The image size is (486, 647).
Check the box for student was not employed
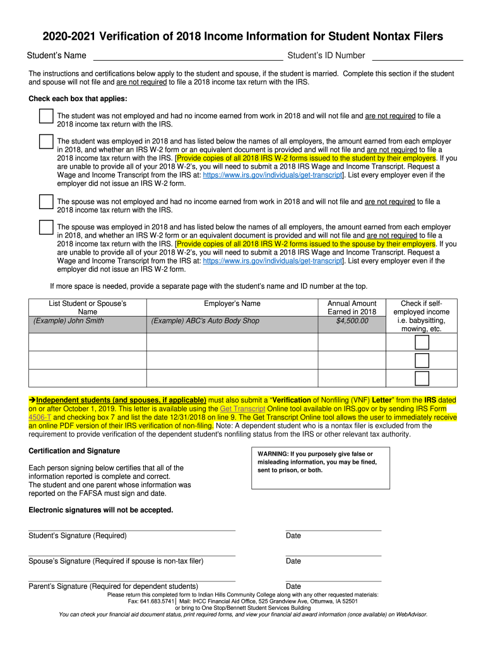(46, 116)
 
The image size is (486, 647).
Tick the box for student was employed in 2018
(46, 141)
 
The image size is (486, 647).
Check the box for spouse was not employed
(46, 202)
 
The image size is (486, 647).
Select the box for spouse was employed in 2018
(46, 227)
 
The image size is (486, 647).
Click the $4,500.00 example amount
(352, 321)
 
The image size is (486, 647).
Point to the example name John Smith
(69, 321)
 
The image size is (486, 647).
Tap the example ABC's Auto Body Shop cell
(205, 321)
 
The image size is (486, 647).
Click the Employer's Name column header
(232, 304)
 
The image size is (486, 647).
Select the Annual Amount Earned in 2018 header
(352, 308)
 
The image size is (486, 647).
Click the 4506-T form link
(40, 418)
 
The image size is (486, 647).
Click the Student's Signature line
(132, 530)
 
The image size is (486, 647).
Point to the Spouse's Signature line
(132, 555)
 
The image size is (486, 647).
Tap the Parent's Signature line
(132, 581)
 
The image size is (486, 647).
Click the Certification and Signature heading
(74, 451)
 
